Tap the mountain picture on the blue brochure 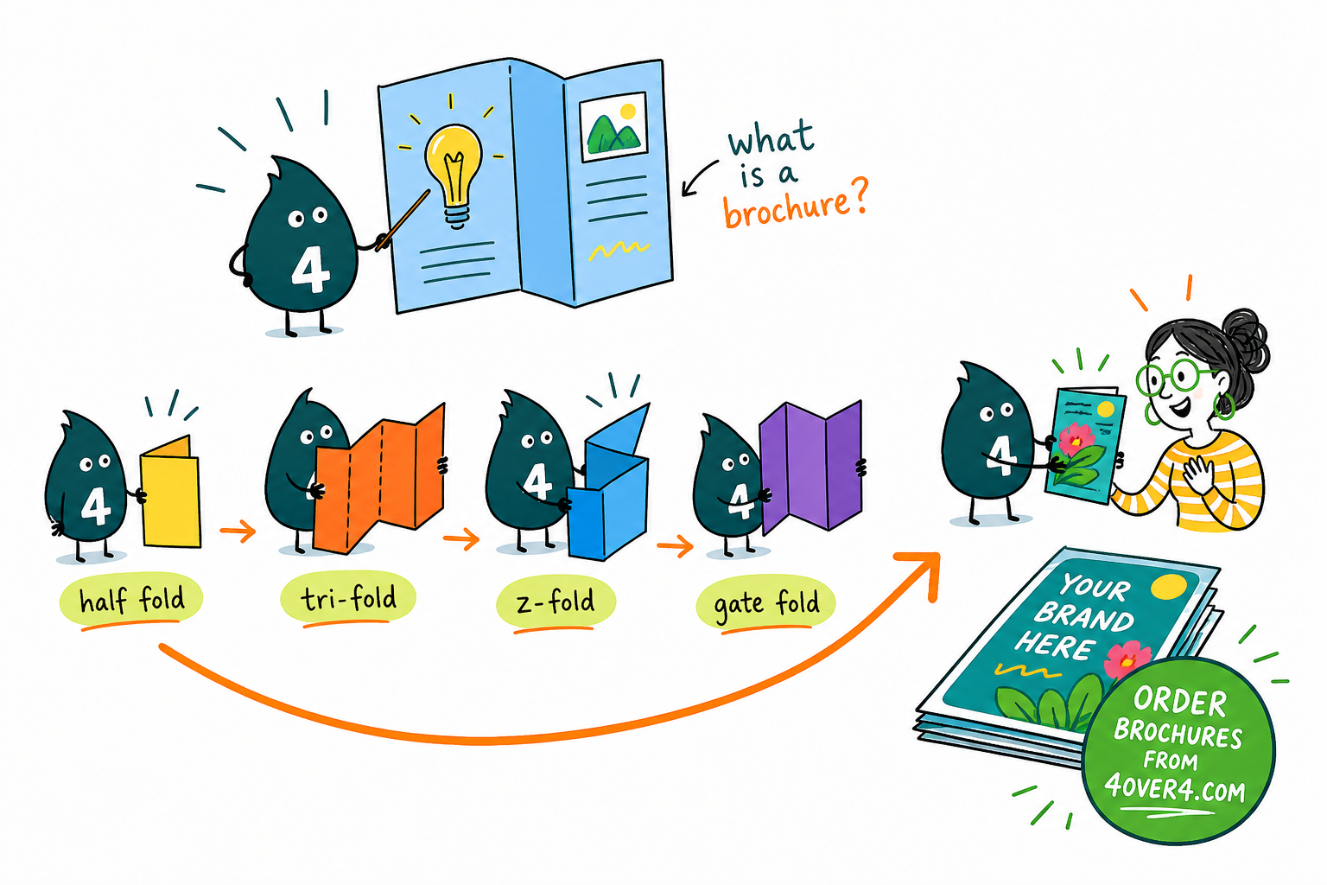tap(613, 127)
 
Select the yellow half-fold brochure tap(170, 492)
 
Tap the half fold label tap(131, 599)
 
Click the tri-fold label tap(348, 597)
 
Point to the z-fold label tap(556, 602)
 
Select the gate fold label tap(766, 603)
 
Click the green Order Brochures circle tap(1178, 750)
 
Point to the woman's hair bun tap(1245, 338)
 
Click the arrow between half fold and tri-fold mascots tap(238, 531)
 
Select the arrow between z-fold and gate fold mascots tap(675, 546)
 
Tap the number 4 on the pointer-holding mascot tap(310, 270)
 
